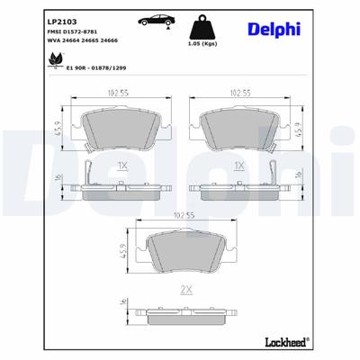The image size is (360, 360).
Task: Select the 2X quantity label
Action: click(x=187, y=291)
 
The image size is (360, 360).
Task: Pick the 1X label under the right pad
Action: click(x=239, y=166)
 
